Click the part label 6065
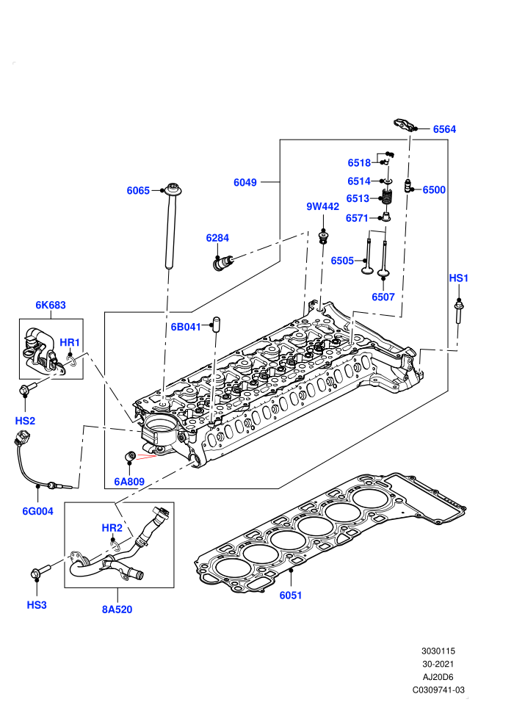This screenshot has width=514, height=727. point(138,190)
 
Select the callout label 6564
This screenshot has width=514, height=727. point(444,129)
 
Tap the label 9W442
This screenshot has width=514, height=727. point(322,207)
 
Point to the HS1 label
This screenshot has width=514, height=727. point(458,278)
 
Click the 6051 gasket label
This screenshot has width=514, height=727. point(291,596)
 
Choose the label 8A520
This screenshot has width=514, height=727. point(117,610)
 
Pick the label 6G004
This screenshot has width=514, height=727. point(38,511)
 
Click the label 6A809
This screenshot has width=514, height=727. point(129,482)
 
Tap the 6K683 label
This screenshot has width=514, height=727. point(51,305)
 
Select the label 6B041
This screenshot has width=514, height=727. point(186,327)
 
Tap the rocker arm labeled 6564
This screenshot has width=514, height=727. point(403,125)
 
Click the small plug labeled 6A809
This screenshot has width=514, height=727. point(130,456)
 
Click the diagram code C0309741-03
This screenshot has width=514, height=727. point(438,690)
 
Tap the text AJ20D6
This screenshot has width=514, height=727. point(438,677)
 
